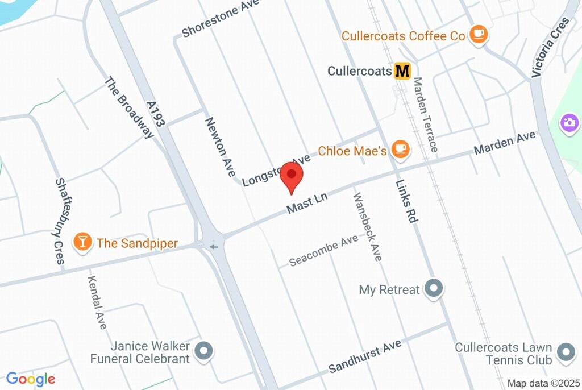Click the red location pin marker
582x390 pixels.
(x=292, y=176)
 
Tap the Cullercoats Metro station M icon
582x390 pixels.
(x=402, y=71)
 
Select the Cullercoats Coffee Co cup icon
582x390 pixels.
(x=480, y=35)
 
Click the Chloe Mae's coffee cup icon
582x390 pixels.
(x=401, y=150)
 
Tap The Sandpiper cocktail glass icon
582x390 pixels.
(x=83, y=242)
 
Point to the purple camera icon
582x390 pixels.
(x=568, y=122)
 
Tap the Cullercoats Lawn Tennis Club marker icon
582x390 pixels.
(x=566, y=352)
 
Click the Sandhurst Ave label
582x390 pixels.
(x=365, y=356)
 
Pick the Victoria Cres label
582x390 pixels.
(x=551, y=48)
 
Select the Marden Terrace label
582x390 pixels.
(x=426, y=114)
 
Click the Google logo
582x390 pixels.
(x=30, y=379)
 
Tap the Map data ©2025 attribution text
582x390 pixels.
(x=543, y=383)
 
